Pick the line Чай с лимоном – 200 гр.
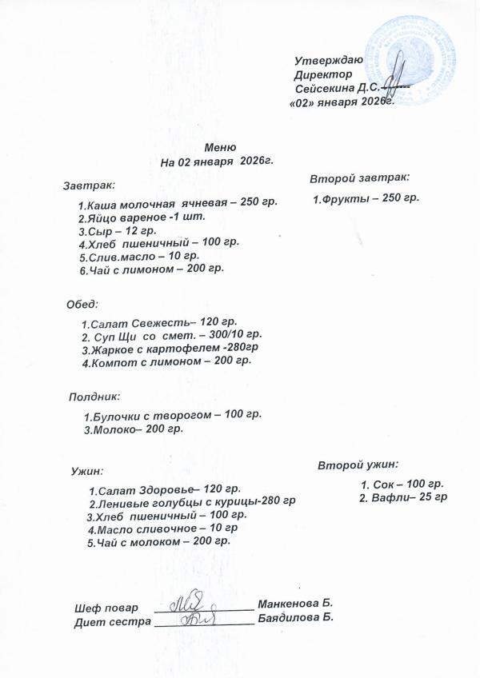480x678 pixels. point(151,269)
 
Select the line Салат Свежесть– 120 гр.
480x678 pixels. point(159,322)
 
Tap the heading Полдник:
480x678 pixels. point(94,396)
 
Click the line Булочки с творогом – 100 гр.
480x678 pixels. point(172,415)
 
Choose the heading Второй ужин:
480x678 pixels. point(358,464)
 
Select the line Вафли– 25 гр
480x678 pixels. point(403,497)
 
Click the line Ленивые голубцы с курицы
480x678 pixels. point(192,502)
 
